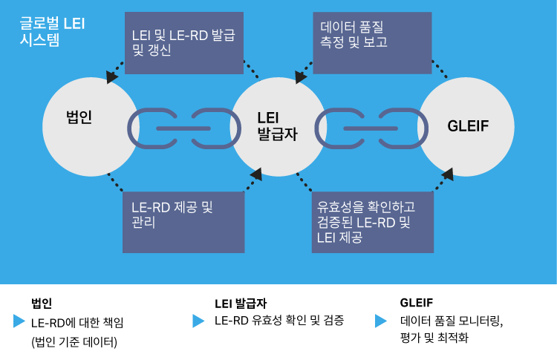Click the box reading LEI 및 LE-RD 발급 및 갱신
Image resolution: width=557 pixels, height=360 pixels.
(x=184, y=42)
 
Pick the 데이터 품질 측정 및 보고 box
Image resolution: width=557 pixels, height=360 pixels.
(x=371, y=42)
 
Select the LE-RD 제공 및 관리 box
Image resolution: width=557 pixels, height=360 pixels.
(x=183, y=221)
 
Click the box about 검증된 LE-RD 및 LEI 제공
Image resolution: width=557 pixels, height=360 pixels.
(x=372, y=221)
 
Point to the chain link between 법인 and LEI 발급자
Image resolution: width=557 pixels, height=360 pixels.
(x=184, y=128)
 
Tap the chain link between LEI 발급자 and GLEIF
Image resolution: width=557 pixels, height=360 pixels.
(x=371, y=128)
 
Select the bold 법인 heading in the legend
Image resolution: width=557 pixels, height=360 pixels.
(x=42, y=303)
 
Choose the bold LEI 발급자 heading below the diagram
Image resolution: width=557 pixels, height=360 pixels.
(x=240, y=303)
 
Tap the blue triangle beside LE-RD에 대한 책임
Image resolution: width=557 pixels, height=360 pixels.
(x=19, y=321)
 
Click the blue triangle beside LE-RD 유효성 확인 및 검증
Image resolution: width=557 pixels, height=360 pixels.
(x=198, y=321)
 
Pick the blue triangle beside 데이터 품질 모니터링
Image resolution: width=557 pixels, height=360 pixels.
(x=381, y=321)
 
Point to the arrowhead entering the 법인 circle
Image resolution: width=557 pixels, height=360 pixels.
(x=112, y=76)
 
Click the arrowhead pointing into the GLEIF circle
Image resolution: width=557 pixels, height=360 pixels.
(x=448, y=174)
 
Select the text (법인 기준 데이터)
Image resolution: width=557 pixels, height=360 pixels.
(x=74, y=341)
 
